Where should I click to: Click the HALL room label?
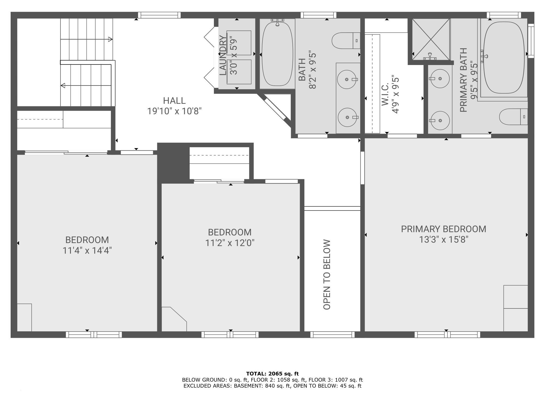pyautogui.click(x=174, y=101)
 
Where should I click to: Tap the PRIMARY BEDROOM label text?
pyautogui.click(x=444, y=229)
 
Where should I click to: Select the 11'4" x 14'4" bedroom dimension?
pyautogui.click(x=87, y=250)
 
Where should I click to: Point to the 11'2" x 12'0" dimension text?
pyautogui.click(x=230, y=243)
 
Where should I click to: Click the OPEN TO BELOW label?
pyautogui.click(x=327, y=274)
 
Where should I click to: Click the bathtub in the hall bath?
pyautogui.click(x=277, y=54)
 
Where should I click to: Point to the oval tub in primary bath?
pyautogui.click(x=504, y=57)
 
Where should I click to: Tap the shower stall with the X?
pyautogui.click(x=431, y=39)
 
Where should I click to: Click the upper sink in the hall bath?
pyautogui.click(x=347, y=79)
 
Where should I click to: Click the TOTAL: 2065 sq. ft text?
pyautogui.click(x=272, y=374)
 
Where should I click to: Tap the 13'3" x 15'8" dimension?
pyautogui.click(x=444, y=240)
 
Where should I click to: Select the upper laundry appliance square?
pyautogui.click(x=239, y=43)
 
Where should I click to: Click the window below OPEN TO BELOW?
pyautogui.click(x=332, y=335)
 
